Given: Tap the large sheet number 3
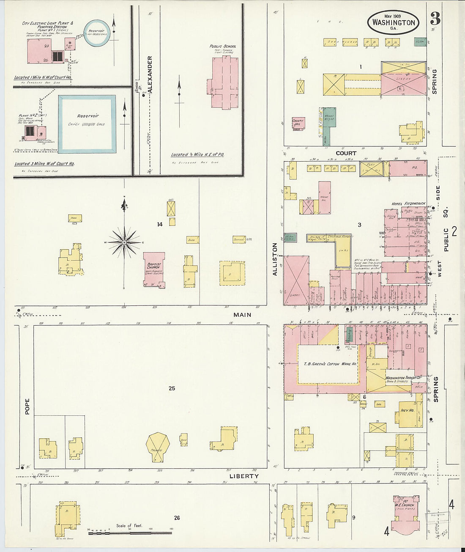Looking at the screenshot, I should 435,19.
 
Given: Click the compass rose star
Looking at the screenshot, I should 124,242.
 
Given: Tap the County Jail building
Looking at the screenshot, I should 298,124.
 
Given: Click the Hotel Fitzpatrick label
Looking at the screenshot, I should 408,204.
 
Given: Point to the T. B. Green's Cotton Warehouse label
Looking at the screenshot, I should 330,364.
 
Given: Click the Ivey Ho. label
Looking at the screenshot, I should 407,410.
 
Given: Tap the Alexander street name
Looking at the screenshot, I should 150,74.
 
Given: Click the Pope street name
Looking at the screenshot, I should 27,406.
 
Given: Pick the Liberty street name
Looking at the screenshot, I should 243,476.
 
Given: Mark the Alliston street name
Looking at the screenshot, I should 275,259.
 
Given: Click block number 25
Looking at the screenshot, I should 172,388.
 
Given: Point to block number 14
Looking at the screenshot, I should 159,224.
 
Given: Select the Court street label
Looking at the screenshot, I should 346,153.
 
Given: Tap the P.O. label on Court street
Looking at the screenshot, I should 414,168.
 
